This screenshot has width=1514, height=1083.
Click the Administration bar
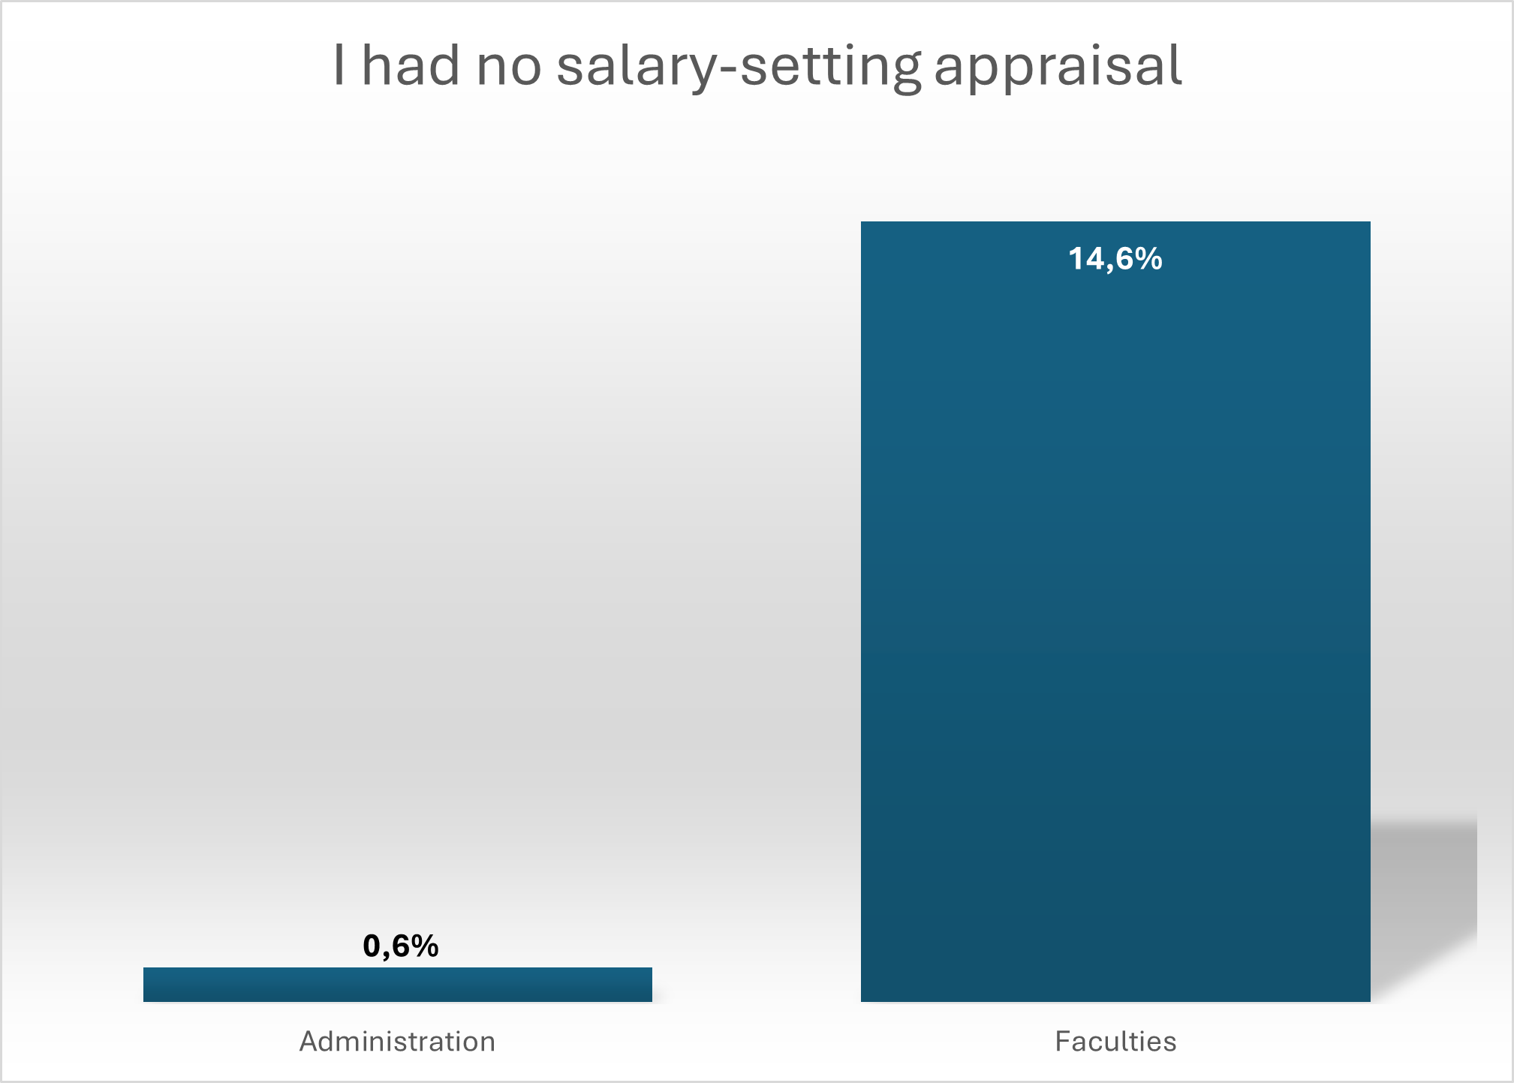[397, 984]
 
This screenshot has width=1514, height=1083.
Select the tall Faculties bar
[1115, 611]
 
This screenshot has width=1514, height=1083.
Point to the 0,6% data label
[400, 946]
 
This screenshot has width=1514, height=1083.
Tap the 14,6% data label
[1115, 259]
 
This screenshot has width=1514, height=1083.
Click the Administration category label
[397, 1042]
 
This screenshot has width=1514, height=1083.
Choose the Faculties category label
[1115, 1042]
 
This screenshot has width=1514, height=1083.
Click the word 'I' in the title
[339, 66]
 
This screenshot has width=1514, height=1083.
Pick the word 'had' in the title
[411, 66]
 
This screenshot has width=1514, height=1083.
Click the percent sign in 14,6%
[1148, 259]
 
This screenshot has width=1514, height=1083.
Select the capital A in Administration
[309, 1042]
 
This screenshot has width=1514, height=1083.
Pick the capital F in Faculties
[1062, 1042]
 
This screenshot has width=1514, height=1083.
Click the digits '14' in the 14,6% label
[1085, 259]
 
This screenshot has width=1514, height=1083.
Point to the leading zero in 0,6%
[372, 946]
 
